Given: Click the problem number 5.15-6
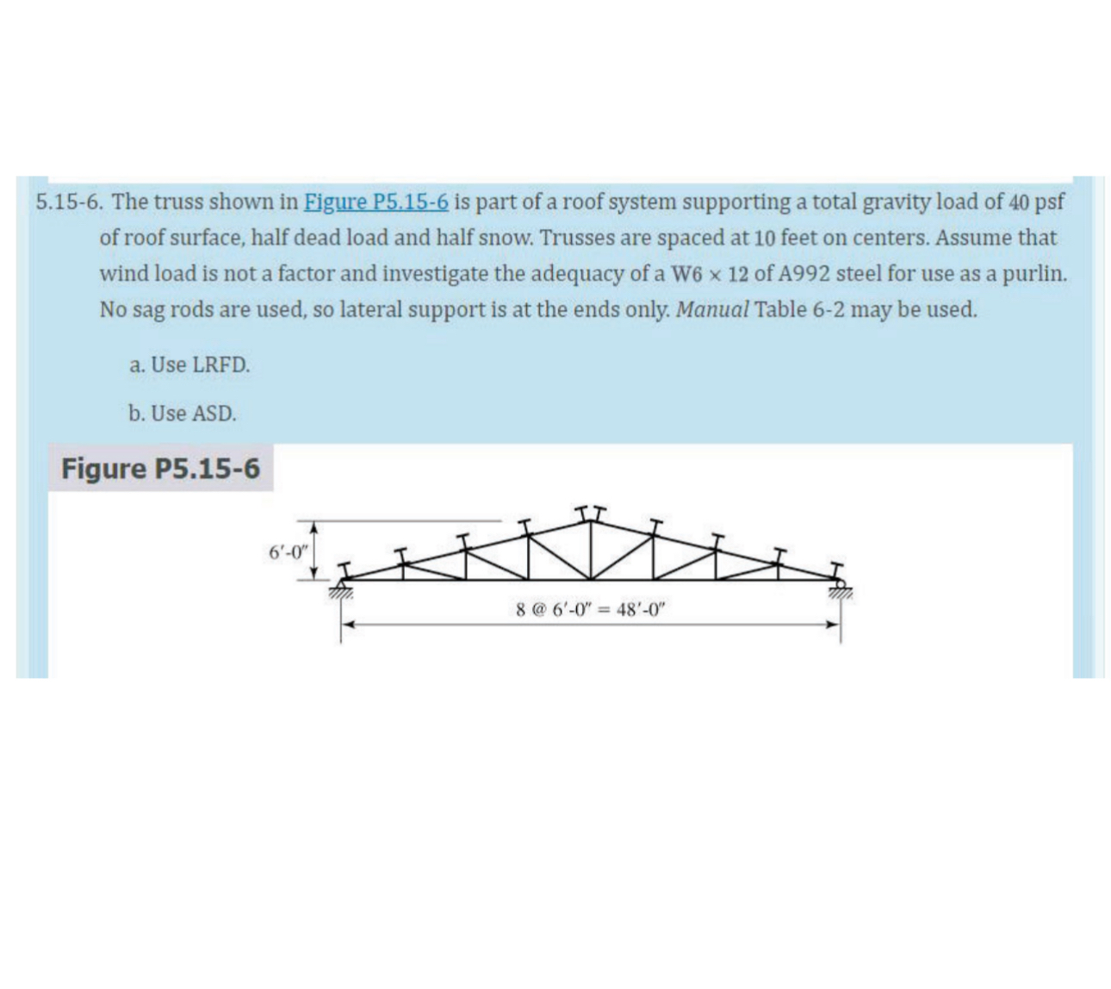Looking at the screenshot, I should pos(70,202).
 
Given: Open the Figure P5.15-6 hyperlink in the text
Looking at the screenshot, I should pos(376,202).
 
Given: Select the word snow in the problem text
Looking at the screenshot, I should pos(503,238).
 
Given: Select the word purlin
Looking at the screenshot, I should pos(1036,275).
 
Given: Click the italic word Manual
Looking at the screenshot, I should pos(712,310).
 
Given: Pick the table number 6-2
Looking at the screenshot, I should pos(828,310).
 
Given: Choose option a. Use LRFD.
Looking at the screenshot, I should pos(189,365).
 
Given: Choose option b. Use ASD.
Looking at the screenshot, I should pos(182,414).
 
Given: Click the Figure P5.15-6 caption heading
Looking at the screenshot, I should pos(160,469).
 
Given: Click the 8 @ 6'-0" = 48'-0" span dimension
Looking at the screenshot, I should pos(591,610).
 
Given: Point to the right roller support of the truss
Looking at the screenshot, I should pos(839,590).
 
